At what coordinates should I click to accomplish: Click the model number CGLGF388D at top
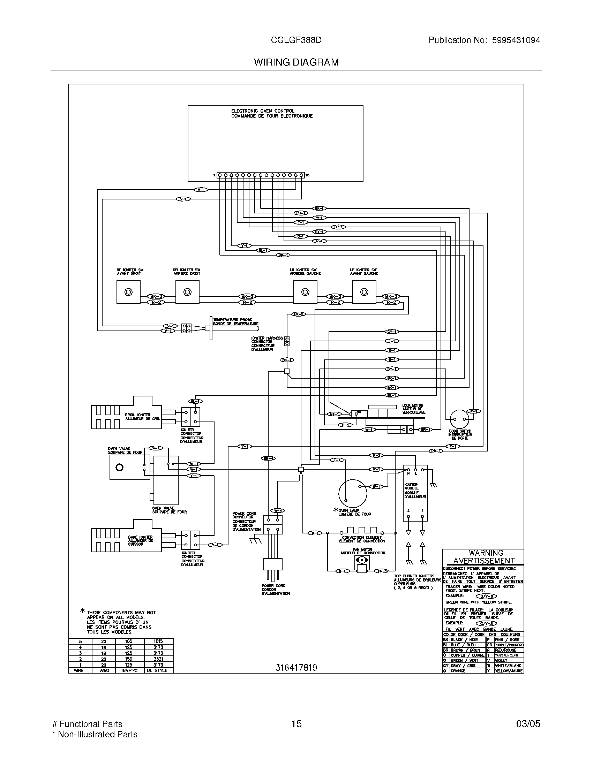pyautogui.click(x=296, y=40)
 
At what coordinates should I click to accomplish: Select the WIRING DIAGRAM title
pyautogui.click(x=296, y=62)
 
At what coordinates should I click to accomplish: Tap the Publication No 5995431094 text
pyautogui.click(x=484, y=40)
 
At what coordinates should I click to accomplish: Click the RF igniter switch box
pyautogui.click(x=128, y=292)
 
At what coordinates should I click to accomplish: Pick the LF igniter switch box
pyautogui.click(x=364, y=292)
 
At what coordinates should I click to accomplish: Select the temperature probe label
pyautogui.click(x=235, y=322)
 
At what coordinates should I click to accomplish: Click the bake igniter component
pyautogui.click(x=127, y=540)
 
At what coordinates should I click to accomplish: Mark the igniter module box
pyautogui.click(x=415, y=492)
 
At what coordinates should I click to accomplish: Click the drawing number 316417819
pyautogui.click(x=296, y=668)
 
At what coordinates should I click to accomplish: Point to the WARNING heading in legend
pyautogui.click(x=486, y=553)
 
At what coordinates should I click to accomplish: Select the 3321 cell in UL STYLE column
pyautogui.click(x=158, y=659)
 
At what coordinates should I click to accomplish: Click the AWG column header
pyautogui.click(x=104, y=670)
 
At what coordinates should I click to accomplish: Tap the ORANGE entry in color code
pyautogui.click(x=458, y=671)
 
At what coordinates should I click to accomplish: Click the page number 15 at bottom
pyautogui.click(x=296, y=723)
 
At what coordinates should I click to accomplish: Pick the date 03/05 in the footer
pyautogui.click(x=528, y=723)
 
